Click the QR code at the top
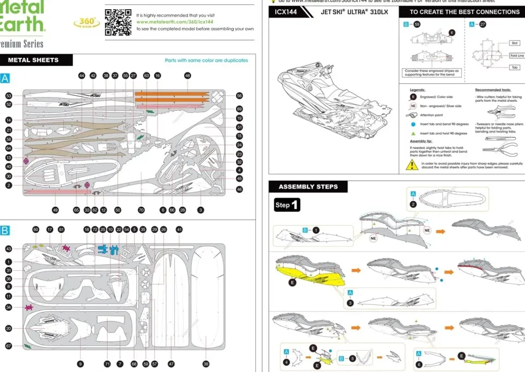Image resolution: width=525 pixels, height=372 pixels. [x=117, y=22]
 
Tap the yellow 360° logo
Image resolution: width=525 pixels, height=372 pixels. [x=86, y=22]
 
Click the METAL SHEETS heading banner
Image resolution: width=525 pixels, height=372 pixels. [x=33, y=60]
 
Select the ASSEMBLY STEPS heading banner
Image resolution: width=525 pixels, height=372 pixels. [x=308, y=187]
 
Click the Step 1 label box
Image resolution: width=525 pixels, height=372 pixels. [x=287, y=205]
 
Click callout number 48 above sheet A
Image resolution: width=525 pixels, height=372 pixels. [x=187, y=76]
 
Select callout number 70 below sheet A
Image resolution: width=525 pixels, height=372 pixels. [x=141, y=210]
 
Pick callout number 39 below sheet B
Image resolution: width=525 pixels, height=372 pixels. [x=206, y=364]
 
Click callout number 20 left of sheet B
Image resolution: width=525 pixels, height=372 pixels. [x=9, y=328]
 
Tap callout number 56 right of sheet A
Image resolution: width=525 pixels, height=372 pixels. [x=239, y=95]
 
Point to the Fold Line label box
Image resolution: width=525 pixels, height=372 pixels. [x=516, y=56]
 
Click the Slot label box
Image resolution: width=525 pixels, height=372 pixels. [x=515, y=43]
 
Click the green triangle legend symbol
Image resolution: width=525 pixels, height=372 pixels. [x=413, y=133]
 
